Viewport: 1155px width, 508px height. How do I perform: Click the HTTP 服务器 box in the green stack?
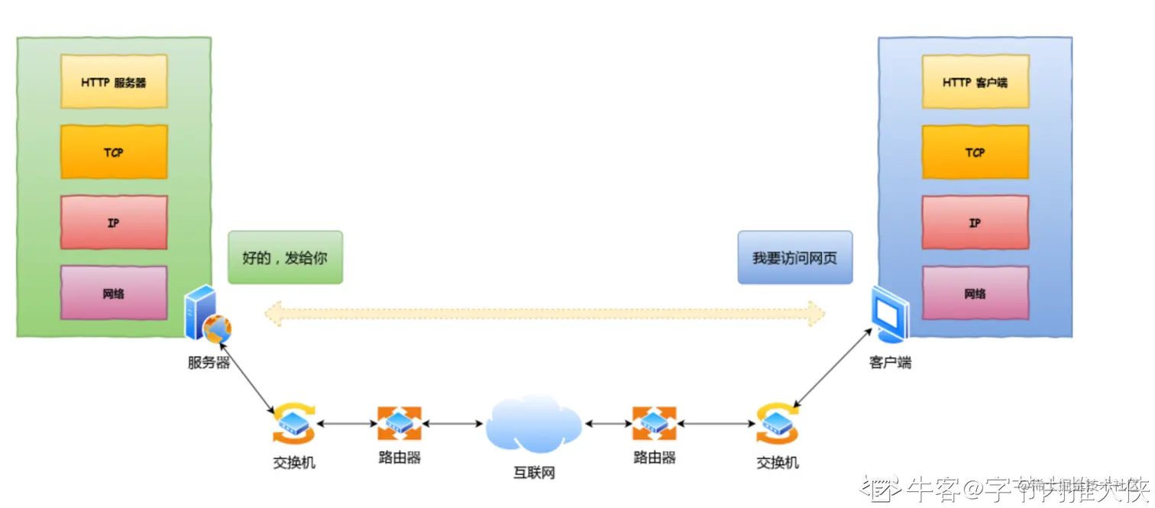pos(114,82)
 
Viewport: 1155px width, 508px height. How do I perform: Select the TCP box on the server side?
pos(114,152)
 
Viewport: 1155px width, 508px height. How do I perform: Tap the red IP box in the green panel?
pos(114,222)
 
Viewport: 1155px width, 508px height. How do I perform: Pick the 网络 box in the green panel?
pos(114,293)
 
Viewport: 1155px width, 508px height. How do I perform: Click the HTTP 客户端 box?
pos(975,82)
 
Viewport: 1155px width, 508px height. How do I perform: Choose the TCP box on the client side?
pos(975,152)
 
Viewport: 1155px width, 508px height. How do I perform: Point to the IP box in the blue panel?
pos(975,222)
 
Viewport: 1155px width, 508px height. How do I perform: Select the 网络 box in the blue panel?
pos(975,293)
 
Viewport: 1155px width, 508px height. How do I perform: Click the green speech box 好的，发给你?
pos(285,257)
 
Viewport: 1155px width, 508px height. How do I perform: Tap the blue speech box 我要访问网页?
pos(794,257)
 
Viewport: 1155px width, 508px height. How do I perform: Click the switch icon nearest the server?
pos(293,422)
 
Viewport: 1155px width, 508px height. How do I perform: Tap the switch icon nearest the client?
pos(778,422)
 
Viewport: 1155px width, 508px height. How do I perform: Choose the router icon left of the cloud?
pos(399,422)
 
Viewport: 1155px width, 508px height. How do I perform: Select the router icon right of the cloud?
pos(654,422)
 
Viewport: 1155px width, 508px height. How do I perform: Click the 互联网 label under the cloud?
pos(533,473)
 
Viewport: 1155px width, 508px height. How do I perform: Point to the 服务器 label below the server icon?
pos(209,363)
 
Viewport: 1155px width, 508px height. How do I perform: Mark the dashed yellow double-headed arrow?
pos(545,312)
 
